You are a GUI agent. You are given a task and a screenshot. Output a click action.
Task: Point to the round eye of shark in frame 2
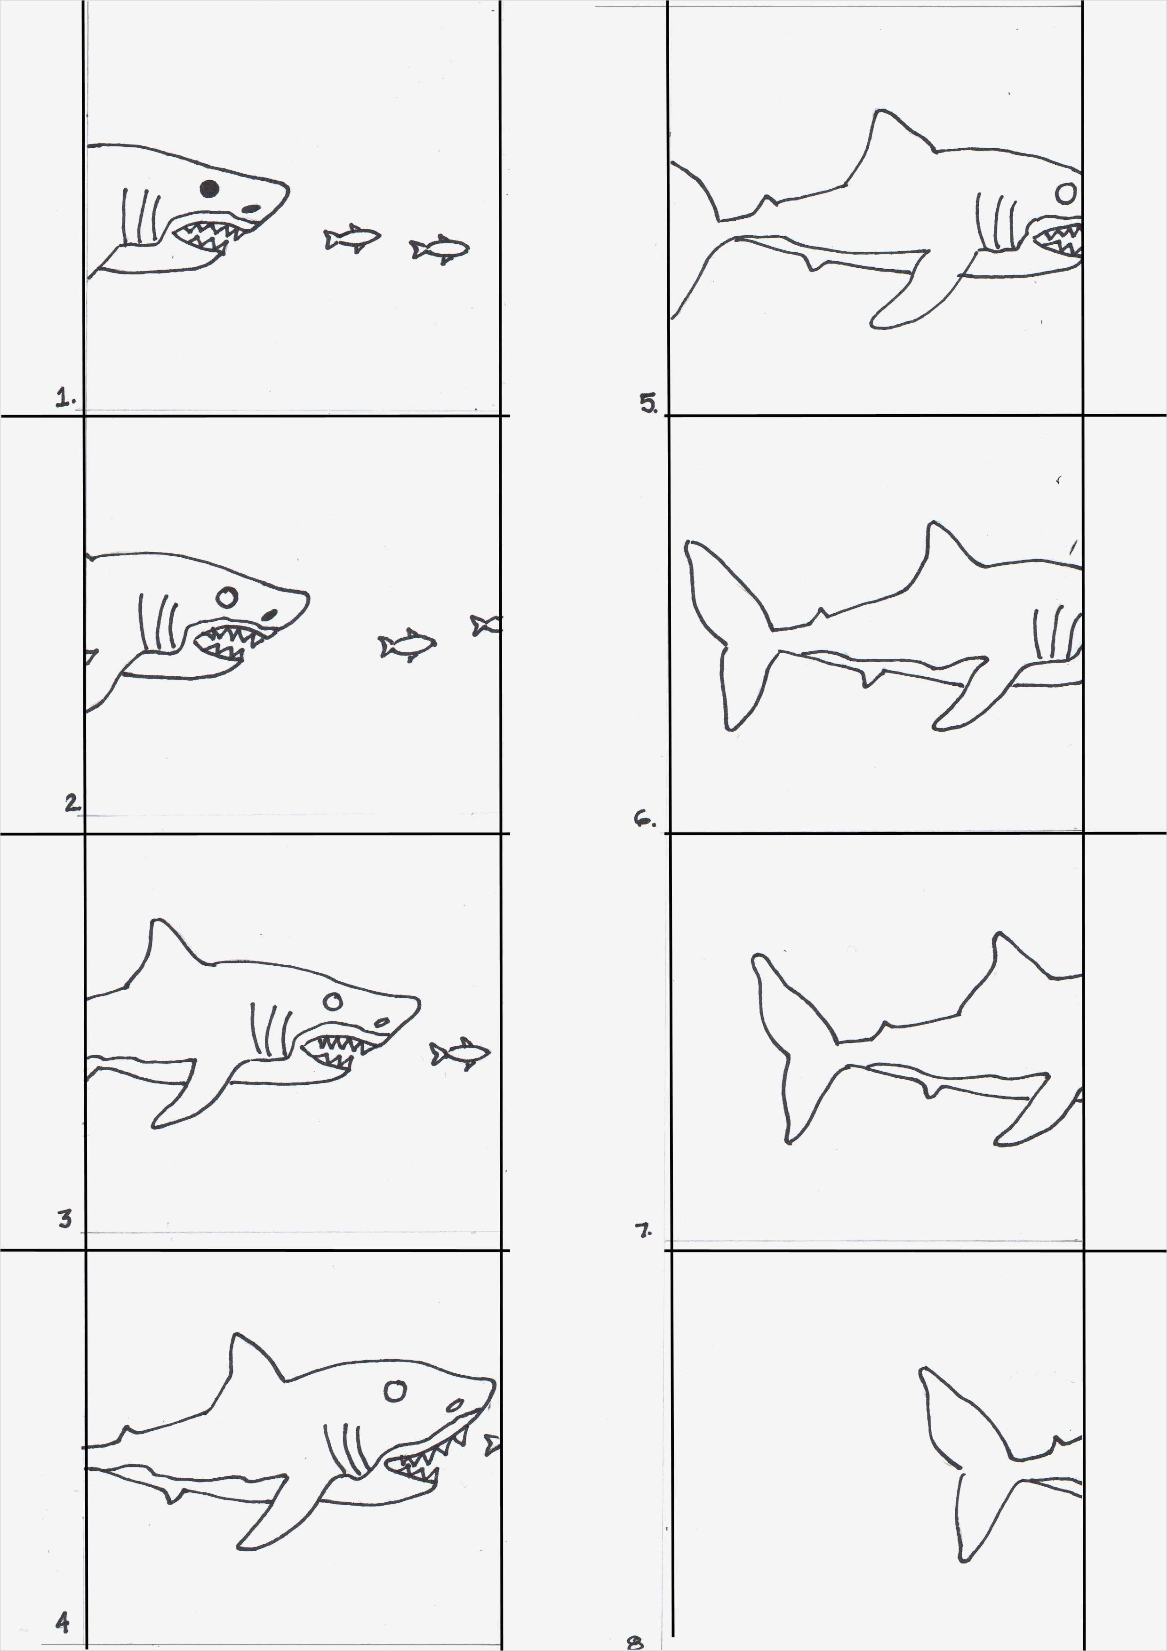point(226,597)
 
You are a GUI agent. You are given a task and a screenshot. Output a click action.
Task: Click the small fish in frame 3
point(460,1054)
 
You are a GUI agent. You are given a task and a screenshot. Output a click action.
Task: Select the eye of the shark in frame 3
point(332,1002)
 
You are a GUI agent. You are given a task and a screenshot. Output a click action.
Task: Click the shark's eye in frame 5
point(1067,192)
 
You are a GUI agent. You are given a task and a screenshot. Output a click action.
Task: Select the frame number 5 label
point(648,404)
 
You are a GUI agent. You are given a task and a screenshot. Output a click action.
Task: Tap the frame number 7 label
point(644,1230)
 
